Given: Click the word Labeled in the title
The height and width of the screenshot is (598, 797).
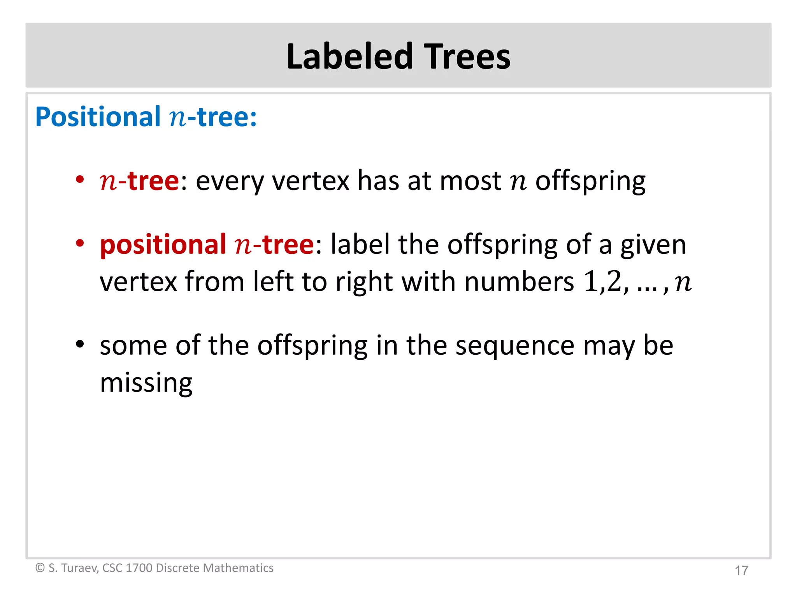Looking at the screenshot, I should (x=349, y=56).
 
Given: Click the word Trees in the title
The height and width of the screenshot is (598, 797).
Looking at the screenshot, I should (x=467, y=56).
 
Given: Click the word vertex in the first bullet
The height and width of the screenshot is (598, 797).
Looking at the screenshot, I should (x=311, y=181).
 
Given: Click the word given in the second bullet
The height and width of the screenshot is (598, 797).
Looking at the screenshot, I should (x=653, y=245).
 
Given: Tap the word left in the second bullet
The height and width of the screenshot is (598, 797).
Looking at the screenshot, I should (x=273, y=281).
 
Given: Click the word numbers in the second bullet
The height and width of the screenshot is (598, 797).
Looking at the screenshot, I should (x=519, y=281).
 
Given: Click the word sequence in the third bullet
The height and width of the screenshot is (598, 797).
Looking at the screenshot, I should (x=514, y=346).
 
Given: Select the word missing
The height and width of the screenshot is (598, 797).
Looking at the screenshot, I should (x=146, y=383).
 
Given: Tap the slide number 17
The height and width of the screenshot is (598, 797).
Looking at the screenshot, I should (x=741, y=570).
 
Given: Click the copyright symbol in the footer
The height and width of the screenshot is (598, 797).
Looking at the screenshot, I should (x=40, y=568).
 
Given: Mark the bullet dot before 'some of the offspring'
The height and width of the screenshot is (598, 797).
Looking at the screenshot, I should (x=80, y=344).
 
